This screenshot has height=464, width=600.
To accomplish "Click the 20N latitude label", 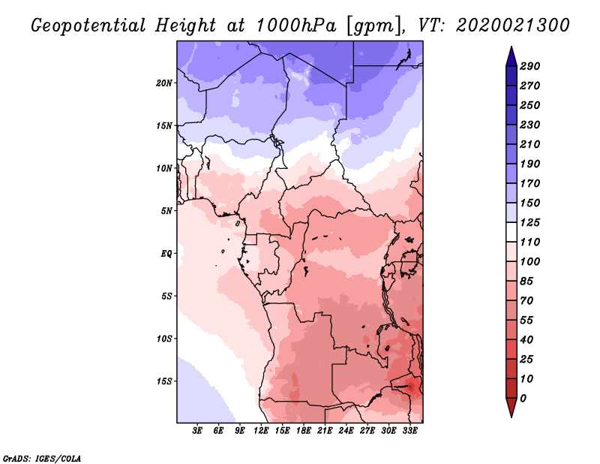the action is pyautogui.click(x=163, y=83).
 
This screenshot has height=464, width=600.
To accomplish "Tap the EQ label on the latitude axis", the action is pyautogui.click(x=166, y=254).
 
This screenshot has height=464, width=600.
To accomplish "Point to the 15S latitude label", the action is pyautogui.click(x=164, y=381).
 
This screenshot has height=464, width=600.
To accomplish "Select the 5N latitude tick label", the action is pyautogui.click(x=166, y=211).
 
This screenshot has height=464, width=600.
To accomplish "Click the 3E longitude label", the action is pyautogui.click(x=197, y=430).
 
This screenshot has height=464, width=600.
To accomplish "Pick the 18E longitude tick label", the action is pyautogui.click(x=304, y=430).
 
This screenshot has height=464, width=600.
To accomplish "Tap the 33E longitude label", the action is pyautogui.click(x=409, y=430).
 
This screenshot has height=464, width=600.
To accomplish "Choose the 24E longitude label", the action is pyautogui.click(x=346, y=430).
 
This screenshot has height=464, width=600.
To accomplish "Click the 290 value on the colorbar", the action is pyautogui.click(x=530, y=66).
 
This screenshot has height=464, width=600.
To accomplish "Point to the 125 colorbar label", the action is pyautogui.click(x=530, y=222).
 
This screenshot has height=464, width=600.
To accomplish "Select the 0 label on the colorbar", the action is pyautogui.click(x=523, y=399).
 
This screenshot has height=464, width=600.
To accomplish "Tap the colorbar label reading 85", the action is pyautogui.click(x=526, y=282).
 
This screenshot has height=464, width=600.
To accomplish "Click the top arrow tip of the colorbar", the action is pyautogui.click(x=511, y=47).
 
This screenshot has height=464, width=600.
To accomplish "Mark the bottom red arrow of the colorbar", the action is pyautogui.click(x=511, y=406).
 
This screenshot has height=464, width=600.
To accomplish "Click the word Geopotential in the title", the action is pyautogui.click(x=88, y=26).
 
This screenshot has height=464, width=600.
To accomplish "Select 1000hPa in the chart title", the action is pyautogui.click(x=295, y=26).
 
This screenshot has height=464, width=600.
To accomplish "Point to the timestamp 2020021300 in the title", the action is pyautogui.click(x=513, y=26).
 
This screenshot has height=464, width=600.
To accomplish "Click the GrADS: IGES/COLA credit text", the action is pyautogui.click(x=42, y=458).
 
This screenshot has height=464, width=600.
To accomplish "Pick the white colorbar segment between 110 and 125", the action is pyautogui.click(x=511, y=232).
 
